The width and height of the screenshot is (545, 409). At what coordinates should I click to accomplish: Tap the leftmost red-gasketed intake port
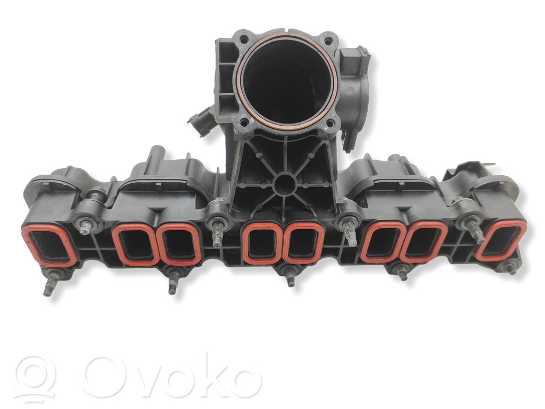49,246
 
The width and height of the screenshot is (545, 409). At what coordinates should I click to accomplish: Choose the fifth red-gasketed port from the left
304,242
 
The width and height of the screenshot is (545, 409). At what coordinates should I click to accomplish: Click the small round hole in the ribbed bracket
284,184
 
